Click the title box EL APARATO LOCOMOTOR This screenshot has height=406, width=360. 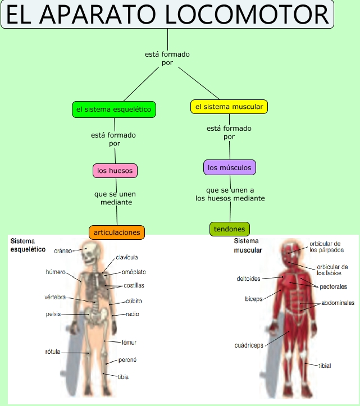coord(167,14)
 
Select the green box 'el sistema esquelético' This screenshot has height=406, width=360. coord(113,110)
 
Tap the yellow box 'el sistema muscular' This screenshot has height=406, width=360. coord(229,106)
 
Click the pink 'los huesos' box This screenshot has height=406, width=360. coord(115,170)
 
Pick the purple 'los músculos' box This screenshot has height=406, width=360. coord(229,167)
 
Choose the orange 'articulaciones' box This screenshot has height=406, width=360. coord(117,232)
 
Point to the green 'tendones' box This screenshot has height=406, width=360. coord(229,229)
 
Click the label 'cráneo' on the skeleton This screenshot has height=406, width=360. coord(63,250)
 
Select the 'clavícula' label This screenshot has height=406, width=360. coord(126,257)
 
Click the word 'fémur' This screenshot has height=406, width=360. coord(129,342)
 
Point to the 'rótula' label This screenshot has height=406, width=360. coord(52,352)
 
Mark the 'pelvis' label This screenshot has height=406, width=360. coord(53,314)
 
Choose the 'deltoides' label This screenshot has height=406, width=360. coord(248,278)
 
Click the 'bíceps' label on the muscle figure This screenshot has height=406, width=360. coord(253,298)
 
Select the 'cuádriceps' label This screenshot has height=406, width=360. coord(249,345)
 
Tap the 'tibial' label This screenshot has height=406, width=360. coord(325,366)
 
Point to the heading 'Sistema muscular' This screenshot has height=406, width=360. coord(248,246)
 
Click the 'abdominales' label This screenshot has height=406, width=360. coord(338,303)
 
